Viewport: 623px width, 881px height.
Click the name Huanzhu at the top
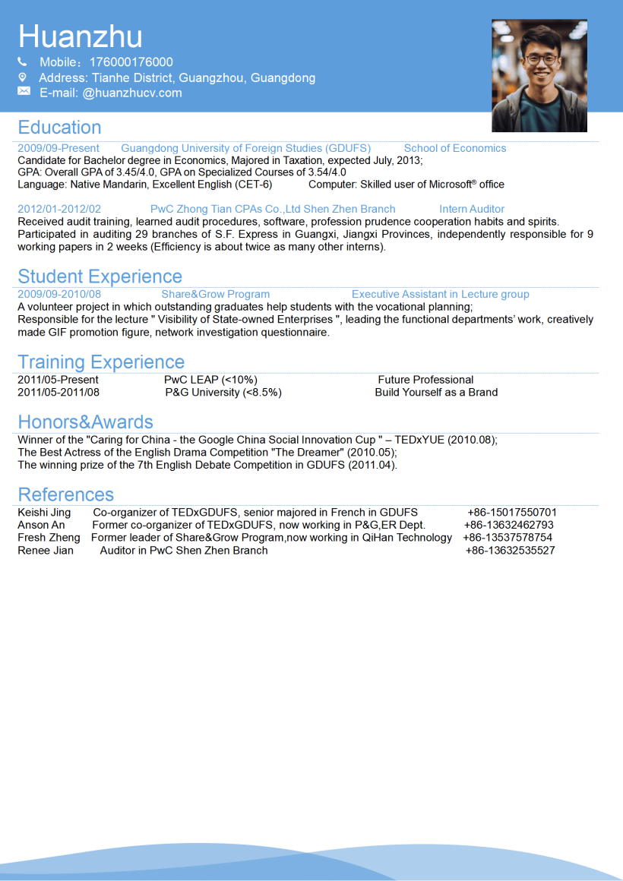tap(80, 36)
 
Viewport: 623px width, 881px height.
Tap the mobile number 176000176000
tap(131, 62)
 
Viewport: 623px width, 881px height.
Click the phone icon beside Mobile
tap(23, 62)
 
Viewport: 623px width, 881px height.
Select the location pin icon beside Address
tap(23, 77)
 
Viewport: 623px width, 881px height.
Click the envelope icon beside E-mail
tap(24, 92)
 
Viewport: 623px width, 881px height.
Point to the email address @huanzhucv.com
tap(132, 93)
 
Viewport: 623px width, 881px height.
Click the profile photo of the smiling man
tap(539, 76)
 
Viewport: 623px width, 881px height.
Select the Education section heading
tap(59, 128)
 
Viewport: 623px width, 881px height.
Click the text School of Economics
tap(454, 148)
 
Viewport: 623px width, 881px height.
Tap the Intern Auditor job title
tap(471, 209)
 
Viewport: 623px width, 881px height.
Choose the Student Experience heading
tap(100, 276)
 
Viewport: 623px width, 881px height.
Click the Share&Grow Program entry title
tap(215, 294)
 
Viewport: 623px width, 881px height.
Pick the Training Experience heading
tap(101, 362)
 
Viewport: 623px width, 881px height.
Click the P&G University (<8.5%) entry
tap(223, 393)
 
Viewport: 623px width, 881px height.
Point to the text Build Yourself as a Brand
tap(436, 393)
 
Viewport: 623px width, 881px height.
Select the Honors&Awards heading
tap(85, 422)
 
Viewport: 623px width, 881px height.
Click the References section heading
tap(65, 494)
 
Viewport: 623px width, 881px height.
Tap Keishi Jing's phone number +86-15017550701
tap(511, 513)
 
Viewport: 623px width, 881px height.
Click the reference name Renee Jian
tap(46, 551)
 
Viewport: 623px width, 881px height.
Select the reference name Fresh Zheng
tap(49, 538)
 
